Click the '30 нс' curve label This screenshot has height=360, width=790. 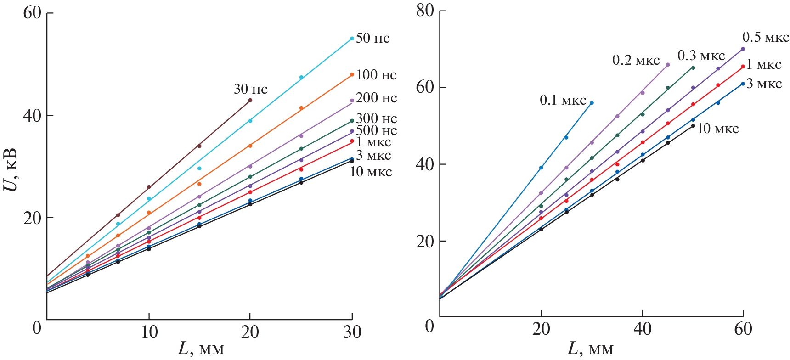pyautogui.click(x=250, y=89)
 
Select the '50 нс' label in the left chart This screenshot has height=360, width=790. pyautogui.click(x=372, y=38)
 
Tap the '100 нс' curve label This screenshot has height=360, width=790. pyautogui.click(x=376, y=75)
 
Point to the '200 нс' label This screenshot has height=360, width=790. pyautogui.click(x=376, y=98)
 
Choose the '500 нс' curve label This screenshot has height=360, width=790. pyautogui.click(x=376, y=130)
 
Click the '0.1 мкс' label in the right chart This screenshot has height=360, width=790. pyautogui.click(x=563, y=100)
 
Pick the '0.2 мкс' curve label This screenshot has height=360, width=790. pyautogui.click(x=636, y=60)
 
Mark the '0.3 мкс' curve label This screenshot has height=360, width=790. pyautogui.click(x=701, y=56)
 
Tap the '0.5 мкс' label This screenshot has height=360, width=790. pyautogui.click(x=766, y=37)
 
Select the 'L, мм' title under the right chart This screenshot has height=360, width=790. pyautogui.click(x=590, y=349)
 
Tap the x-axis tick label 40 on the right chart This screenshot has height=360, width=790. pyautogui.click(x=642, y=328)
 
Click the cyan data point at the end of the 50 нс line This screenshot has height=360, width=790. pyautogui.click(x=352, y=39)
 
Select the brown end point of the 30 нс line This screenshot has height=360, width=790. pyautogui.click(x=250, y=100)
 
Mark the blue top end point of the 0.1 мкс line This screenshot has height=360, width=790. pyautogui.click(x=592, y=103)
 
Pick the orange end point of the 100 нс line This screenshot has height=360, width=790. pyautogui.click(x=352, y=74)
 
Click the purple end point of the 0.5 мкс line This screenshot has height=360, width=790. pyautogui.click(x=743, y=49)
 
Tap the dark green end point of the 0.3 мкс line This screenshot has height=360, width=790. pyautogui.click(x=693, y=68)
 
